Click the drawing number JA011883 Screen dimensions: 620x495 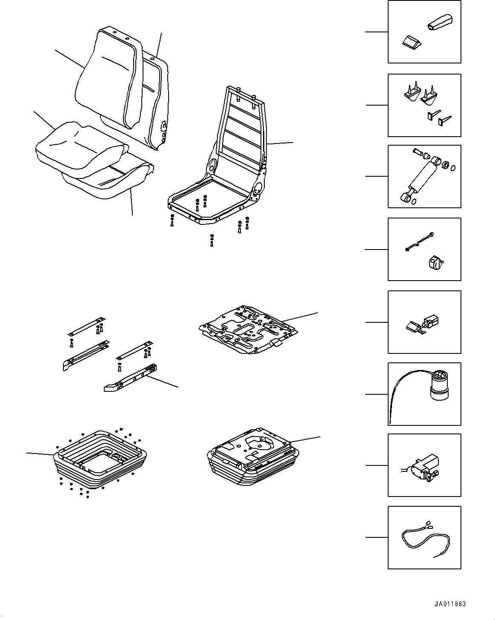click(x=450, y=604)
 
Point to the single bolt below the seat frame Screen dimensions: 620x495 click(x=212, y=241)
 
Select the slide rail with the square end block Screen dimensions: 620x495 click(x=132, y=377)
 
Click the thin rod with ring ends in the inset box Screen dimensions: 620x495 click(x=419, y=241)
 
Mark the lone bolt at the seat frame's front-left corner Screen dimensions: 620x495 click(x=172, y=221)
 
